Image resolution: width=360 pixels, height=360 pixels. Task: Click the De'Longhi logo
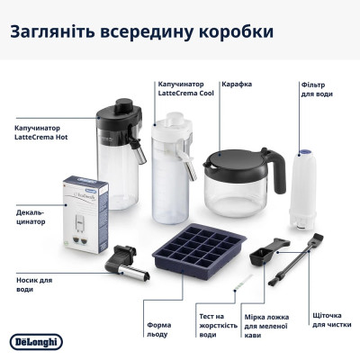point(36,341)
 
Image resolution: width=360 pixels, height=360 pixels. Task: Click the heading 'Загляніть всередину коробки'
point(141,32)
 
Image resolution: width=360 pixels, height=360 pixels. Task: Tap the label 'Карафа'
point(238,84)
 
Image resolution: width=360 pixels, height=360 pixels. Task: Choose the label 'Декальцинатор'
point(31,219)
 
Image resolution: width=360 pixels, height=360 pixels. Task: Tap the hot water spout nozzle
point(121,265)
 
